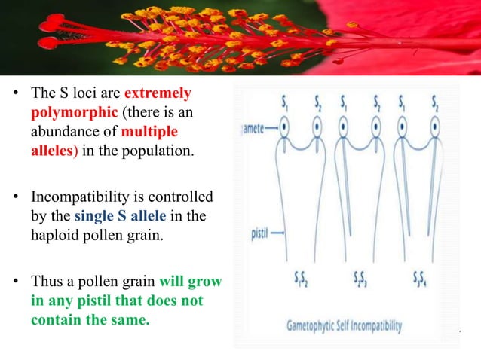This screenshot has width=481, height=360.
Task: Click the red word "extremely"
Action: pyautogui.click(x=158, y=96)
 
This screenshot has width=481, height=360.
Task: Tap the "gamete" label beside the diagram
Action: pyautogui.click(x=251, y=129)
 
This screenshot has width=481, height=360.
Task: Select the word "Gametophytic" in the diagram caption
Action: pyautogui.click(x=320, y=326)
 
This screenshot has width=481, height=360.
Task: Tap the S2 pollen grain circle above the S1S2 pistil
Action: pyautogui.click(x=318, y=129)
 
